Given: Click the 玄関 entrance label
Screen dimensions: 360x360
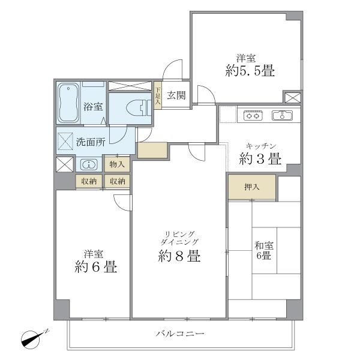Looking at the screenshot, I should [176, 94].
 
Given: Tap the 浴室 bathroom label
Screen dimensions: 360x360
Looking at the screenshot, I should [93, 107].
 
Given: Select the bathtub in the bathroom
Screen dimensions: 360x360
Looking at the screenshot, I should [69, 102].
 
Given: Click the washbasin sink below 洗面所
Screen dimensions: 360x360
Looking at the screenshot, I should [88, 164].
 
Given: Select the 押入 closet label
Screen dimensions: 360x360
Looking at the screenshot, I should [252, 187].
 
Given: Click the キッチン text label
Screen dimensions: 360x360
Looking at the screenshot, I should [262, 146].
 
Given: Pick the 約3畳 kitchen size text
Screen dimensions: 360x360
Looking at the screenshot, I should [262, 160].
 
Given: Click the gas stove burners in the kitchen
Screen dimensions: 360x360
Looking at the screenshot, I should [253, 116].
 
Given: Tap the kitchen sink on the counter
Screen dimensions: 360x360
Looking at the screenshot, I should [281, 116].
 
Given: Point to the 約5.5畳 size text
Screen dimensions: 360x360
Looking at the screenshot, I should [251, 71].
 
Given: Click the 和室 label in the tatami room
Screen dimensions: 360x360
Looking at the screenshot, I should [264, 245].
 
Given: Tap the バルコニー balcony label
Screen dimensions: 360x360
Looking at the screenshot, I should [180, 333].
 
